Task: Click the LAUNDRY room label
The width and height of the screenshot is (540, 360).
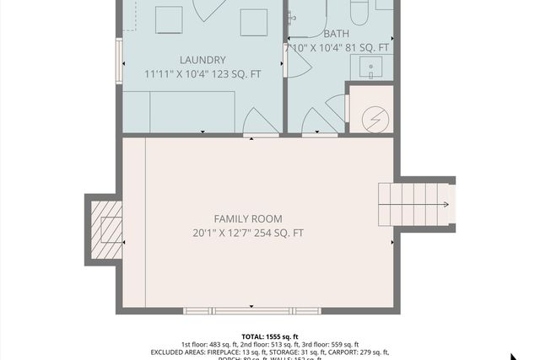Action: (202, 60)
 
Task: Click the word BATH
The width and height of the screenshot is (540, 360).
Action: (337, 34)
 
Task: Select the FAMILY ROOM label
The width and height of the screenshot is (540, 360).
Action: (247, 218)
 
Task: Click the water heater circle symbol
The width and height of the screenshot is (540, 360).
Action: (372, 121)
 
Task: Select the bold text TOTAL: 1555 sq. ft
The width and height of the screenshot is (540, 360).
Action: (270, 336)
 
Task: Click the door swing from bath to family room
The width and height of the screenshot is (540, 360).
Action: (316, 122)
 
